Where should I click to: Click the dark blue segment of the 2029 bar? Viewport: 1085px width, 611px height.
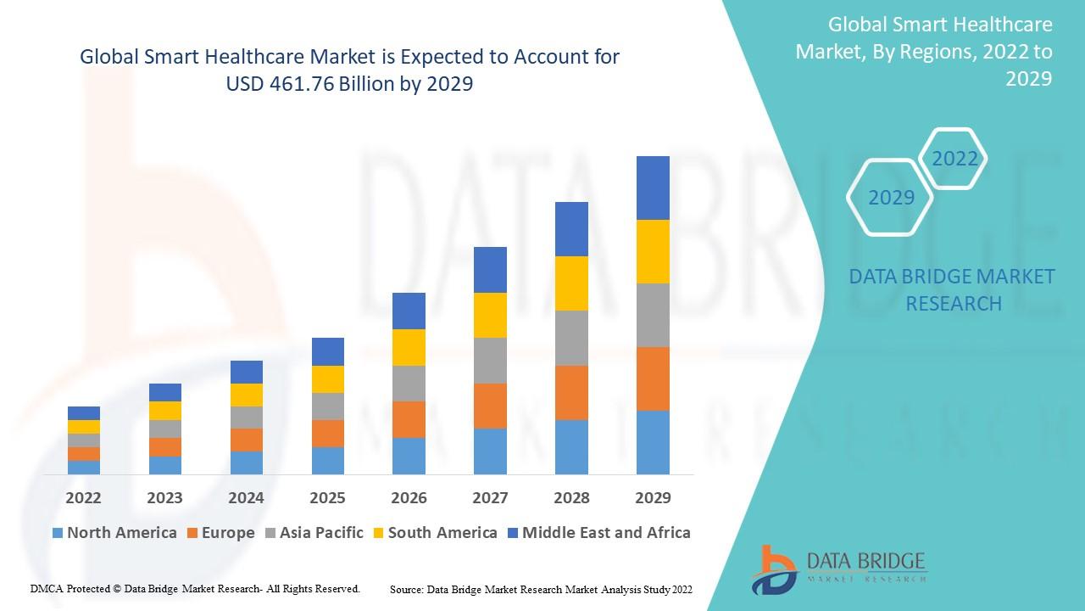653,188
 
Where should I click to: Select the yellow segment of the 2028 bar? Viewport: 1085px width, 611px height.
571,283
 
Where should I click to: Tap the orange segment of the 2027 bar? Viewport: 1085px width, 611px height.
490,406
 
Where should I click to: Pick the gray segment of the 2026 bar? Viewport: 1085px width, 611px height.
409,384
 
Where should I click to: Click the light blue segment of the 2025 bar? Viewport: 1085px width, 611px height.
328,460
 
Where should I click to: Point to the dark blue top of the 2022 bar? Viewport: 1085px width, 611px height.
84,413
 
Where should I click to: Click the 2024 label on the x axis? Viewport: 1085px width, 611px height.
246,497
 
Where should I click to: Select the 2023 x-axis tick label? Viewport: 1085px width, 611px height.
164,497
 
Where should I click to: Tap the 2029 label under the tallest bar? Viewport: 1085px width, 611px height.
653,497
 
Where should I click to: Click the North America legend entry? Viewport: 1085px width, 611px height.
114,533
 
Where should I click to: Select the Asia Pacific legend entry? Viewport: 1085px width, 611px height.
314,533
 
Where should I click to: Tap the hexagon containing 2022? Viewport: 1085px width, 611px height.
954,159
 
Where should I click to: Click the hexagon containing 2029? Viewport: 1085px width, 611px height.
891,198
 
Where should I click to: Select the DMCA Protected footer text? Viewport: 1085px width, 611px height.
195,588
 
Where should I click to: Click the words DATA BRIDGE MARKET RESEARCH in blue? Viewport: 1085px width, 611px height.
953,289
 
